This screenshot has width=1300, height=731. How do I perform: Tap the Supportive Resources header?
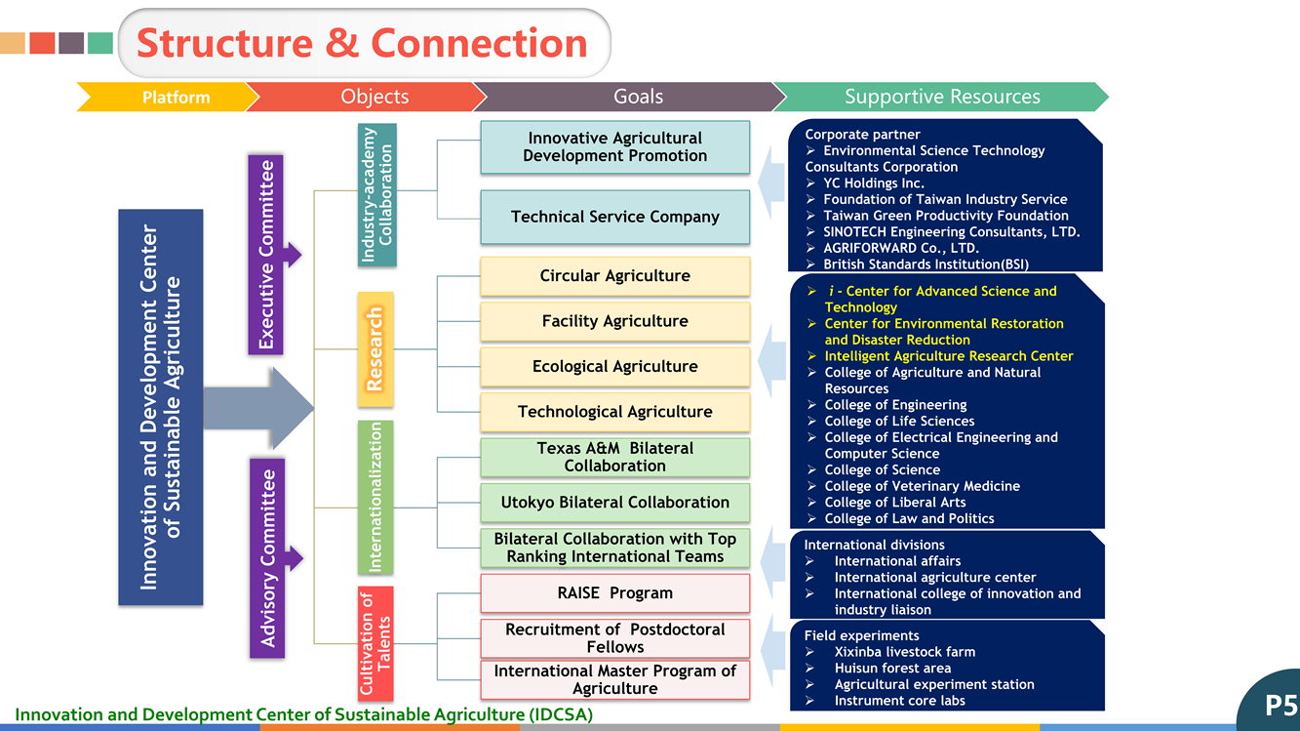[x=941, y=97]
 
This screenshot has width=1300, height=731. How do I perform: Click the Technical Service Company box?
[x=614, y=217]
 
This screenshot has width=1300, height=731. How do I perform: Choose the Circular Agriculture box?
[x=614, y=276]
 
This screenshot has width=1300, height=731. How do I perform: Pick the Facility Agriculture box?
[x=614, y=321]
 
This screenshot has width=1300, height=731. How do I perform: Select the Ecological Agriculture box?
[x=614, y=367]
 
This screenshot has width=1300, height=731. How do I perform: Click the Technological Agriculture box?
[x=614, y=412]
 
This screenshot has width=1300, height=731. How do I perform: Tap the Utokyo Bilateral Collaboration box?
[x=614, y=503]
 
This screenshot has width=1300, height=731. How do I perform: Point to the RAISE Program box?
[x=614, y=593]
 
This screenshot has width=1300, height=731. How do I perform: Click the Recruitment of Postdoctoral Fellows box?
[x=614, y=638]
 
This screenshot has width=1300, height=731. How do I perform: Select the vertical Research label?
[x=375, y=348]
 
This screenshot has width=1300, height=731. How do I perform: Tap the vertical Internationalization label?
[x=375, y=497]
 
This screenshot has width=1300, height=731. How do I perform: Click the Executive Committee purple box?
[x=266, y=254]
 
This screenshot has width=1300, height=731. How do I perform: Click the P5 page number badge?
[x=1279, y=705]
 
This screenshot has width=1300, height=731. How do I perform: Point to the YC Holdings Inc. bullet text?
[x=874, y=183]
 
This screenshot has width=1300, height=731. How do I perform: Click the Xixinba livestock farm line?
[x=904, y=652]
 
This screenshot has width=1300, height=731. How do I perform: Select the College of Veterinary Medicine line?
[x=922, y=486]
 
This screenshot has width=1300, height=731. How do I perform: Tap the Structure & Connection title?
[x=362, y=44]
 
